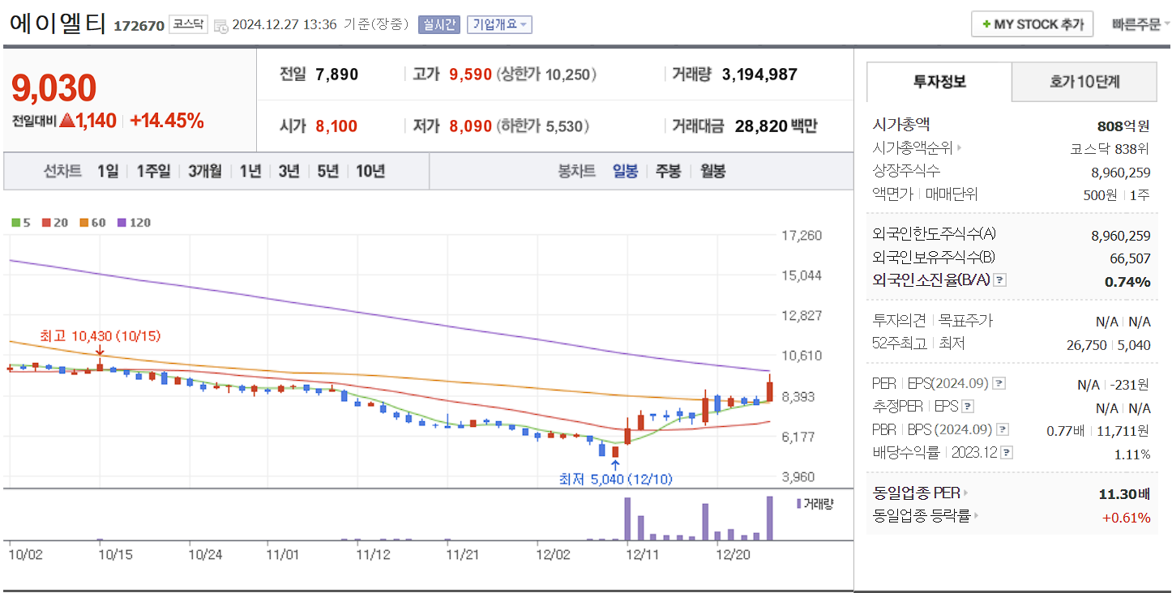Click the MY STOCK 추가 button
click(x=1032, y=24)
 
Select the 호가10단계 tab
click(x=1084, y=82)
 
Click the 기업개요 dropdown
click(x=499, y=24)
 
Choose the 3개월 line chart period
click(x=204, y=171)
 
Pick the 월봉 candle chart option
click(x=712, y=171)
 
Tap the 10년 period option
click(x=370, y=171)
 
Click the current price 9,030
click(x=54, y=88)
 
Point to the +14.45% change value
click(x=167, y=122)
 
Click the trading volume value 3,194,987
click(x=759, y=75)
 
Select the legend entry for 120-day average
click(x=134, y=223)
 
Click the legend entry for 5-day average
click(x=21, y=223)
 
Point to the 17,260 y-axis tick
click(x=801, y=236)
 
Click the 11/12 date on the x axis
click(x=374, y=555)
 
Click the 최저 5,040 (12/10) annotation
click(x=615, y=479)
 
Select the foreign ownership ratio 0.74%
click(x=1127, y=282)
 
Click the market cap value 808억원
click(x=1123, y=126)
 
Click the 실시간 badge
click(x=438, y=24)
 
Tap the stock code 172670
click(x=139, y=26)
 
